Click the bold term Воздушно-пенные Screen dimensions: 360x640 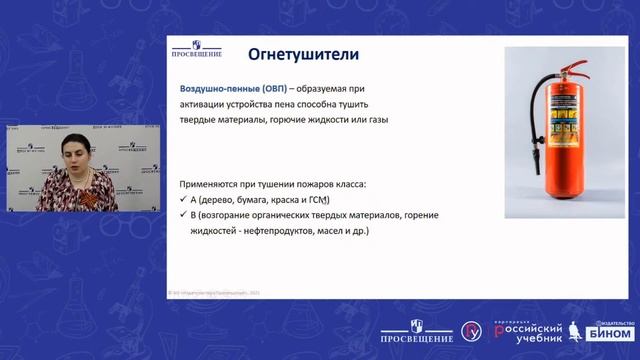[x=214, y=89]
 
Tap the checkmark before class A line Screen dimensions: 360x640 [x=182, y=200]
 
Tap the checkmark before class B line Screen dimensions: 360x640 [x=182, y=215]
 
